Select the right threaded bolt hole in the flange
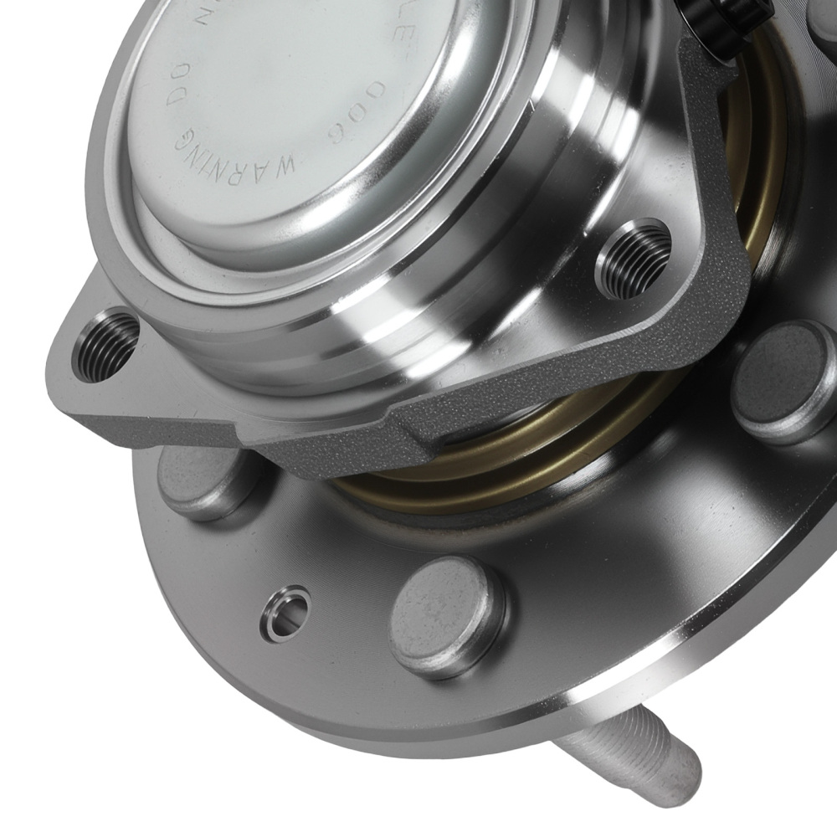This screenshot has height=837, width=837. [633, 258]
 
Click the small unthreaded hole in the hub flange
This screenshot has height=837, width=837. [285, 614]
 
